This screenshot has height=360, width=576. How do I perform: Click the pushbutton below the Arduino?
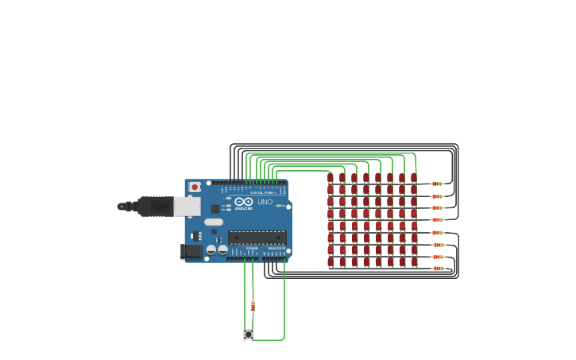pyautogui.click(x=248, y=335)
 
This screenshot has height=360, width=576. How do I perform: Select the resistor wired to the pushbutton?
pyautogui.click(x=253, y=307)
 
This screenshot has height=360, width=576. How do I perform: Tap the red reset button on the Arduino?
pyautogui.click(x=195, y=187)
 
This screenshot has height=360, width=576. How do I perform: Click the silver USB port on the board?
pyautogui.click(x=187, y=207)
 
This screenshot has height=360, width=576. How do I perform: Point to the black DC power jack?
pyautogui.click(x=191, y=251)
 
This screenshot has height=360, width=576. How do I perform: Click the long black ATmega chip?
pyautogui.click(x=257, y=236)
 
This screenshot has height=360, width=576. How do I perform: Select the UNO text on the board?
pyautogui.click(x=265, y=202)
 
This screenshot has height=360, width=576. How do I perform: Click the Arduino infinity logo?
pyautogui.click(x=243, y=202)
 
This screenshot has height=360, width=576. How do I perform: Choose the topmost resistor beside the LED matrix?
pyautogui.click(x=436, y=184)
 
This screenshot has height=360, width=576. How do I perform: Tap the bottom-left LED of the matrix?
pyautogui.click(x=331, y=261)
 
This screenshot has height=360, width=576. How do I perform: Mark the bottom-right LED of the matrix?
pyautogui.click(x=414, y=261)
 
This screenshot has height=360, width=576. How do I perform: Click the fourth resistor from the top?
pyautogui.click(x=436, y=219)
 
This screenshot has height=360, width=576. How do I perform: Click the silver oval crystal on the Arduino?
pyautogui.click(x=214, y=222)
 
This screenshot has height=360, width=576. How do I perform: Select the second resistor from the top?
pyautogui.click(x=436, y=195)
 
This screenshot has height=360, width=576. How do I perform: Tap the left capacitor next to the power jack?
pyautogui.click(x=211, y=250)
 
